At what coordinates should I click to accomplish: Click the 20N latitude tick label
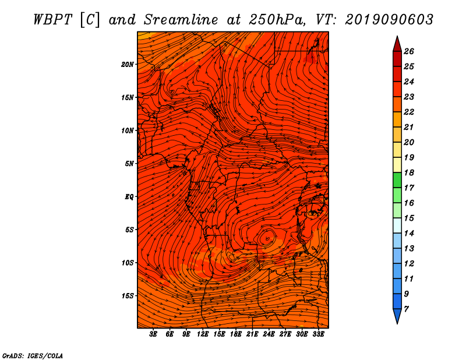pyautogui.click(x=128, y=65)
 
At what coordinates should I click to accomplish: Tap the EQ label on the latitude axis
pyautogui.click(x=129, y=197)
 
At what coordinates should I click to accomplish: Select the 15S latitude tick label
pyautogui.click(x=128, y=296)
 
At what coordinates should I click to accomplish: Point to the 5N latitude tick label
pyautogui.click(x=129, y=164)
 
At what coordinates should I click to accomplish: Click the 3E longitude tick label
pyautogui.click(x=153, y=334)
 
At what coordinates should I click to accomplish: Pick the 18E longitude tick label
pyautogui.click(x=236, y=334)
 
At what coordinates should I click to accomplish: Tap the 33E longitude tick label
pyautogui.click(x=318, y=334)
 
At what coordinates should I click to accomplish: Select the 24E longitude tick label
pyautogui.click(x=269, y=334)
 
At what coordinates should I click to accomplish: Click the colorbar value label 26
pyautogui.click(x=409, y=51)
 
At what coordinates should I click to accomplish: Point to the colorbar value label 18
pyautogui.click(x=409, y=172)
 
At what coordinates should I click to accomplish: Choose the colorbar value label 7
pyautogui.click(x=406, y=309)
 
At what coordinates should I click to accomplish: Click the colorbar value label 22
pyautogui.click(x=409, y=112)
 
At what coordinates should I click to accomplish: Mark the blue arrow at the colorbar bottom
pyautogui.click(x=397, y=315)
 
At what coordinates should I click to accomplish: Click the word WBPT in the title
pyautogui.click(x=53, y=20)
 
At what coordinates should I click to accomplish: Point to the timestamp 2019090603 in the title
pyautogui.click(x=389, y=20)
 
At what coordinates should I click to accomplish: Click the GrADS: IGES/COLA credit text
pyautogui.click(x=33, y=356)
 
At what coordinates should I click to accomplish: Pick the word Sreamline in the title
pyautogui.click(x=181, y=20)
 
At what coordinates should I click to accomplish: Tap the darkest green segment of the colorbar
pyautogui.click(x=397, y=180)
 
